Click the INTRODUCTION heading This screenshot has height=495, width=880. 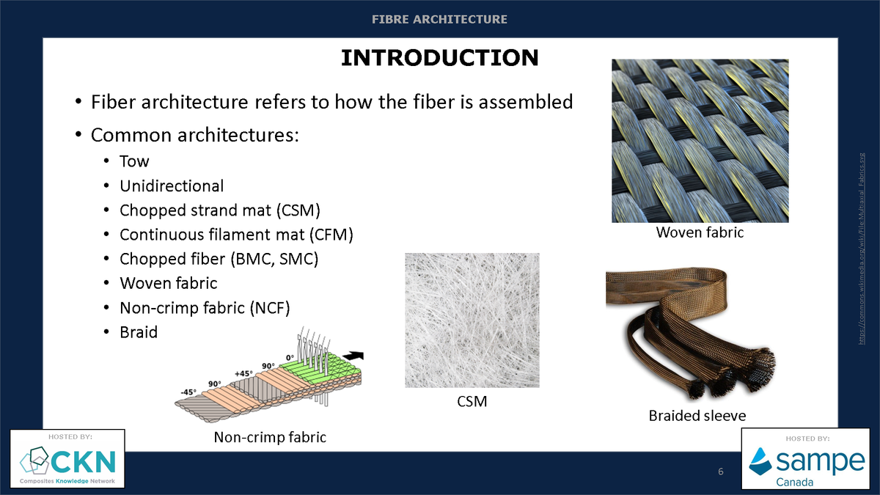click(x=439, y=58)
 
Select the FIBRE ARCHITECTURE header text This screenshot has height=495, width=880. click(x=439, y=19)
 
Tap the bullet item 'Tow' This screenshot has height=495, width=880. click(x=134, y=161)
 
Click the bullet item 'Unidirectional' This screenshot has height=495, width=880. click(x=172, y=186)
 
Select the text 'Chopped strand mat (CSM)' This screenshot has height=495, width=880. click(x=220, y=210)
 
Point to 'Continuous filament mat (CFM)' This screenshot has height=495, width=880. click(x=236, y=235)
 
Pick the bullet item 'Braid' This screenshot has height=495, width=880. click(x=139, y=331)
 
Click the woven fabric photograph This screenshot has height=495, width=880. click(x=700, y=140)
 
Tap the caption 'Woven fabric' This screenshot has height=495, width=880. click(x=700, y=233)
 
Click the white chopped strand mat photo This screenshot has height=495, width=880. click(x=472, y=320)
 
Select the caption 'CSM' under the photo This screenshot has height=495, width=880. click(x=472, y=401)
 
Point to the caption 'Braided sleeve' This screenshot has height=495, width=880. click(x=697, y=416)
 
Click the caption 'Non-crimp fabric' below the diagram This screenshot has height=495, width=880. click(x=270, y=438)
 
